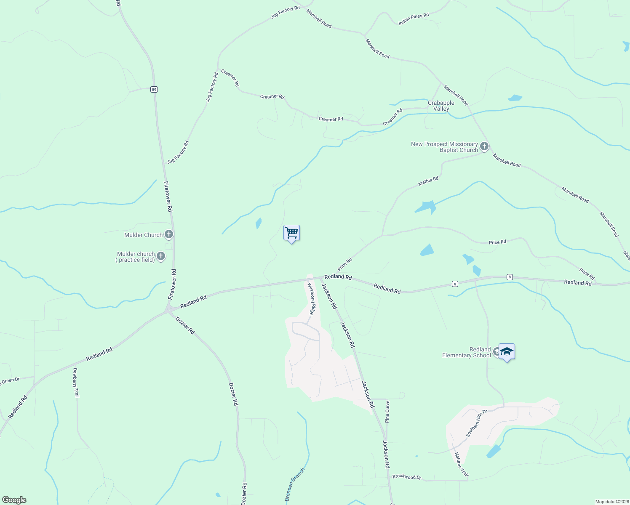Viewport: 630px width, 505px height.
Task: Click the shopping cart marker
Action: (x=291, y=233)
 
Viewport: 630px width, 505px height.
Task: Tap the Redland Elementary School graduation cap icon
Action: (x=507, y=352)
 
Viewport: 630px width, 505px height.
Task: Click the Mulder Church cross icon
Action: (x=169, y=234)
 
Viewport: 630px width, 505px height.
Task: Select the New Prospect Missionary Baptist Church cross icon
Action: (x=484, y=146)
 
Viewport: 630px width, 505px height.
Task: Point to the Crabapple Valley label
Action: (x=441, y=106)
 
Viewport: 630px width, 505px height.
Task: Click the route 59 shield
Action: (x=155, y=89)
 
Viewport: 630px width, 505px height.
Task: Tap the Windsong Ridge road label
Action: (x=311, y=299)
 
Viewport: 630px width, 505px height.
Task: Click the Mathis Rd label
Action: (x=428, y=181)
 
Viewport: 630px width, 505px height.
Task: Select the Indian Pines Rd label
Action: (x=414, y=19)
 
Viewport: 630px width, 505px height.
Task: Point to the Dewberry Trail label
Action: (x=76, y=383)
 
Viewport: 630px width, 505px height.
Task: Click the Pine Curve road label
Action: (x=387, y=412)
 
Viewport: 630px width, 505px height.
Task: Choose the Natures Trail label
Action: (x=461, y=465)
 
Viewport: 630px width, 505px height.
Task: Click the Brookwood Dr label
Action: (x=406, y=477)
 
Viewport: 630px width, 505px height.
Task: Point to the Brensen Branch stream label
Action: (x=294, y=485)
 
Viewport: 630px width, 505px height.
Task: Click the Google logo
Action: (x=14, y=500)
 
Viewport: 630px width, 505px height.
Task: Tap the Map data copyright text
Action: (x=611, y=502)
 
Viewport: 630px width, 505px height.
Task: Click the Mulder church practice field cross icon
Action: (x=160, y=256)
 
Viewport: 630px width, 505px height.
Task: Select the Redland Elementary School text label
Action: (x=467, y=352)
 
